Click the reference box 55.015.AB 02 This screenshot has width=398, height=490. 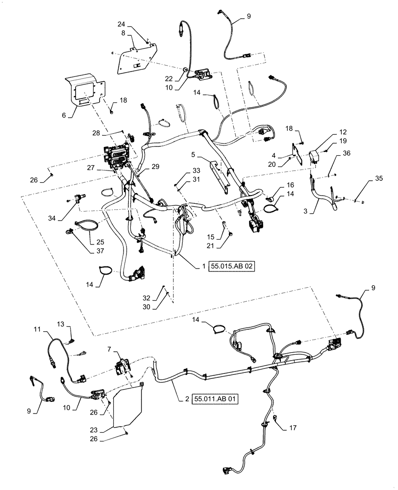pos(233,266)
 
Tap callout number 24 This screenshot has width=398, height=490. pos(122,24)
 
